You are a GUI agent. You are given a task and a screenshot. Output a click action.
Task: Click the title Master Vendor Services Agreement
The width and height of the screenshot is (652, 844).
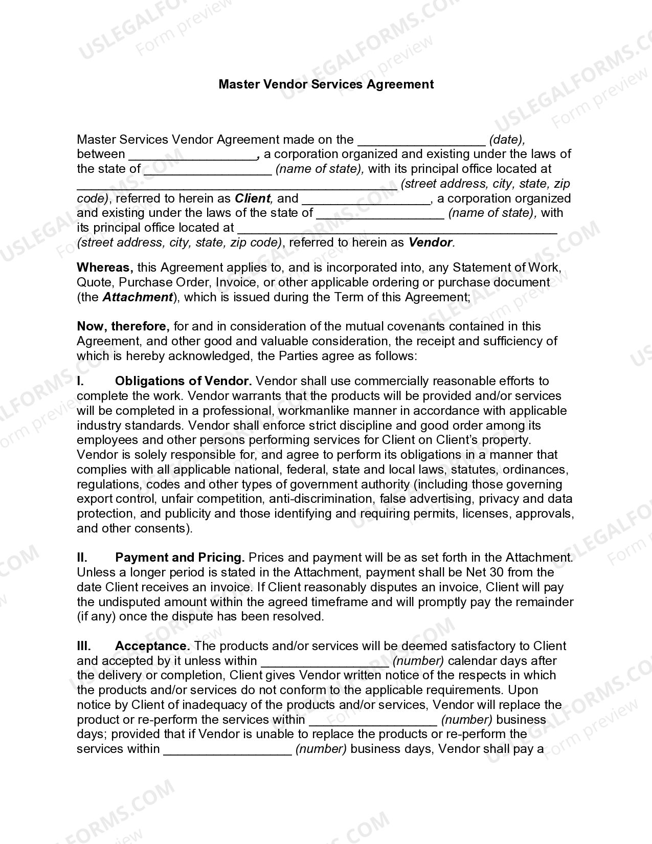(x=326, y=84)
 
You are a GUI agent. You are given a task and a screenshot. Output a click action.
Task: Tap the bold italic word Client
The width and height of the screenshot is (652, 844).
(x=252, y=198)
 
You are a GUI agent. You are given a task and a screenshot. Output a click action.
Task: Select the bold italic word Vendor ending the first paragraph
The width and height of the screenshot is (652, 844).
(x=430, y=242)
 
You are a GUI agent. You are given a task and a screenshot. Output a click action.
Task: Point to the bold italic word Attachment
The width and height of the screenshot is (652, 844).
(x=138, y=297)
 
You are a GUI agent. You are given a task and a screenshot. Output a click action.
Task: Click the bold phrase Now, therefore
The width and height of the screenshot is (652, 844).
(x=123, y=326)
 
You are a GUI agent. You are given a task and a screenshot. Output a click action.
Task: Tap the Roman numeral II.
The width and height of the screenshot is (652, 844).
(x=82, y=558)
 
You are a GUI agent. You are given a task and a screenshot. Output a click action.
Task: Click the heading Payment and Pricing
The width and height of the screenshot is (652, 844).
(x=179, y=558)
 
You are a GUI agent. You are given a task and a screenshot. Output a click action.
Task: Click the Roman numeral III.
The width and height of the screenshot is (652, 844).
(x=84, y=646)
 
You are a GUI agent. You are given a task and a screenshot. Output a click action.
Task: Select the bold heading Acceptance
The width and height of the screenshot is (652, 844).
(x=152, y=646)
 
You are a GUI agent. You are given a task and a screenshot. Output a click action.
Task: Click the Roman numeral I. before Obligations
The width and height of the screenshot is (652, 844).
(x=80, y=381)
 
